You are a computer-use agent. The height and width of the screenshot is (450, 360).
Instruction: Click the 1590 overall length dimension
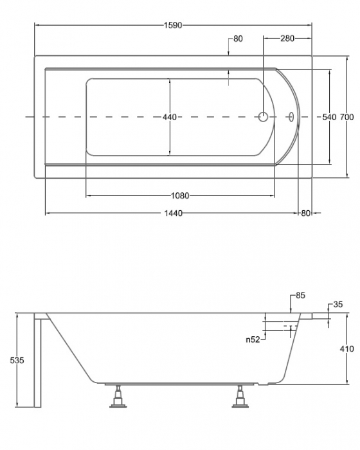coord(173,25)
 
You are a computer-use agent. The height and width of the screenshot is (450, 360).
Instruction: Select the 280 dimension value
coord(287,38)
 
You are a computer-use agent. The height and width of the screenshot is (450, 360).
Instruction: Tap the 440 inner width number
coord(170,117)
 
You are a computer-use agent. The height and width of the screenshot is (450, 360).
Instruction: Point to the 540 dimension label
coord(329,117)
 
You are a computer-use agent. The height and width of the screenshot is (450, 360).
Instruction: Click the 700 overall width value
coord(346,117)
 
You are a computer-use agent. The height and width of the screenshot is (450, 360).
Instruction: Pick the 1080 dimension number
coord(180,195)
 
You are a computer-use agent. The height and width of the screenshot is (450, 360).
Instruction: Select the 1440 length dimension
coord(173,213)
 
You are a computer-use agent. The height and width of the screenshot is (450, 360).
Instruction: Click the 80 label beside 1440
coord(306,213)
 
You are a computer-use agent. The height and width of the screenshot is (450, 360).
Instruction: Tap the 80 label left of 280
coord(238,39)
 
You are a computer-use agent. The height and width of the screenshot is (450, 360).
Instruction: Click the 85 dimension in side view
coord(300,295)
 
